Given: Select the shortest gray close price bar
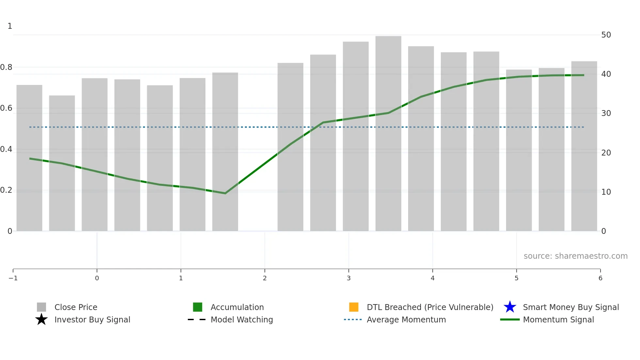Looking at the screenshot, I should click(x=62, y=163).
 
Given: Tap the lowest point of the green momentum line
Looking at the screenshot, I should click(x=225, y=193).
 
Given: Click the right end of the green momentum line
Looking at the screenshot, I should click(x=584, y=75).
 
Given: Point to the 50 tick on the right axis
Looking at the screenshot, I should click(x=606, y=35).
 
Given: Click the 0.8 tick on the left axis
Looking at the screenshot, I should click(x=6, y=67).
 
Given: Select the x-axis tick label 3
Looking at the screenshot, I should click(x=349, y=278).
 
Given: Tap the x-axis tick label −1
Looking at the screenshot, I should click(x=13, y=278).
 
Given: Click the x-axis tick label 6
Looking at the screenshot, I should click(x=600, y=278).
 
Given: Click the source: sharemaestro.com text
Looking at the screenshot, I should click(x=575, y=256).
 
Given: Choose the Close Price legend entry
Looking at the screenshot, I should click(x=76, y=307).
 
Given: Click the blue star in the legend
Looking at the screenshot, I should click(x=510, y=307).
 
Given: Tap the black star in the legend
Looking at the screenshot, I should click(x=41, y=319).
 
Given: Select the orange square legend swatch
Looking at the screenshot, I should click(x=354, y=307).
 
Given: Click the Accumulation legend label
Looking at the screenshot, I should click(x=237, y=307).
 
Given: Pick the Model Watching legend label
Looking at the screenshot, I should click(x=242, y=319).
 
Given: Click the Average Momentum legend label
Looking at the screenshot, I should click(x=406, y=319).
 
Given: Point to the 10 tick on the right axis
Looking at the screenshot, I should click(x=606, y=192).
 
